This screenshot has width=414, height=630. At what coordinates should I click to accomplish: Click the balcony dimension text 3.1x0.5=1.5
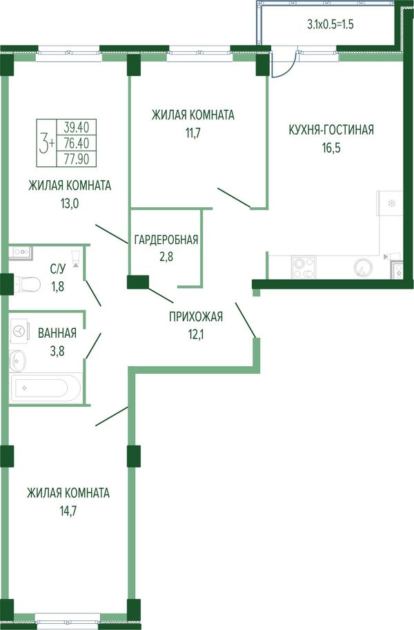(330, 24)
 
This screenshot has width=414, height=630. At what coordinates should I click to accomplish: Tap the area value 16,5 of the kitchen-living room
(331, 148)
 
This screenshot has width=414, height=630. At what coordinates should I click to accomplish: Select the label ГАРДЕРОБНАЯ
(166, 240)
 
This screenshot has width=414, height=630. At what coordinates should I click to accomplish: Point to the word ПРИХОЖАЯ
(196, 317)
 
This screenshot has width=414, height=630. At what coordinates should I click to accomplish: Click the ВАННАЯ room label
(57, 333)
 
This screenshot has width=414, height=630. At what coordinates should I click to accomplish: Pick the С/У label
(57, 269)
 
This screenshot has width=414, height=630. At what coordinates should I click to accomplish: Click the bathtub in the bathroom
(46, 388)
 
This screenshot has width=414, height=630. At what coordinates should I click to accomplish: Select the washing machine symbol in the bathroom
(19, 331)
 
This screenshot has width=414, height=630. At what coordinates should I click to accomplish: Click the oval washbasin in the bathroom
(18, 361)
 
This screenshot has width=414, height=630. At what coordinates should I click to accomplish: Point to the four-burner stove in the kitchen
(304, 267)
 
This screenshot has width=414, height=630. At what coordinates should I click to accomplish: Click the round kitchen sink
(363, 267)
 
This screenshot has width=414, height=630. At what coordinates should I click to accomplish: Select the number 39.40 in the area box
(76, 127)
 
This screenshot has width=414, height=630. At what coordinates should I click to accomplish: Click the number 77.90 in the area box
(76, 160)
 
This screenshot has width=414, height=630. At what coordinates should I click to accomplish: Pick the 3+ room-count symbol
(46, 144)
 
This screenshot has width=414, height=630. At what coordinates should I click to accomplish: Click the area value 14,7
(68, 511)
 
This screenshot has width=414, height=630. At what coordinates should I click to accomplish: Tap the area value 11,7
(193, 133)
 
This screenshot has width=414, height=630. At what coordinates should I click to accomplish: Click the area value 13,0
(70, 204)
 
